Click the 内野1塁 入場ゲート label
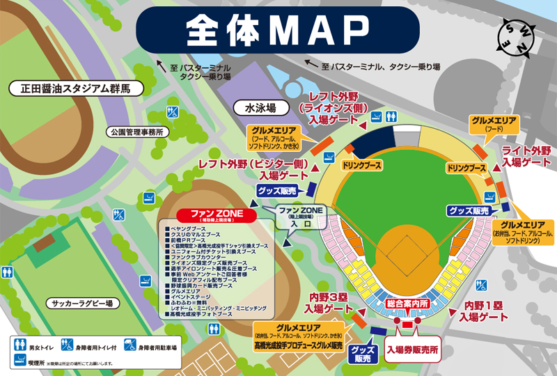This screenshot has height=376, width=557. [486, 310]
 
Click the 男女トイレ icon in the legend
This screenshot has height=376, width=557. [22, 345]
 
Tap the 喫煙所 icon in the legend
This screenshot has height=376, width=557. [22, 362]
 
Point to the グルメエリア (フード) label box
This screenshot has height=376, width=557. [494, 124]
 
